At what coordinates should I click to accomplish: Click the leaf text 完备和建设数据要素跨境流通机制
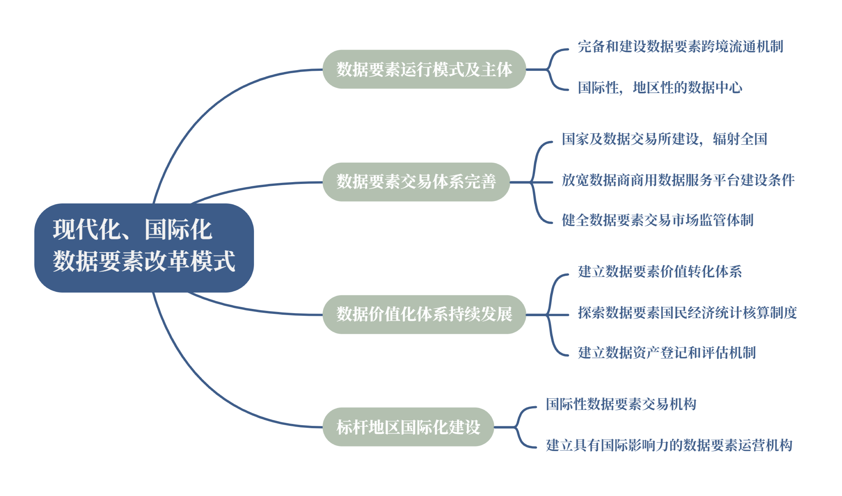tap(680, 46)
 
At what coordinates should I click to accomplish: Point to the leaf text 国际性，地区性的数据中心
tap(660, 88)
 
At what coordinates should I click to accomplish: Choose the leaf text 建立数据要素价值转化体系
tap(660, 271)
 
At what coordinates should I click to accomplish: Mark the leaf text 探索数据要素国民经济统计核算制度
tap(687, 313)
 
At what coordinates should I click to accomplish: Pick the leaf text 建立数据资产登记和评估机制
tap(667, 353)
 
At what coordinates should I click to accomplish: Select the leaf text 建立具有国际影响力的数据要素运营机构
tap(669, 445)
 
